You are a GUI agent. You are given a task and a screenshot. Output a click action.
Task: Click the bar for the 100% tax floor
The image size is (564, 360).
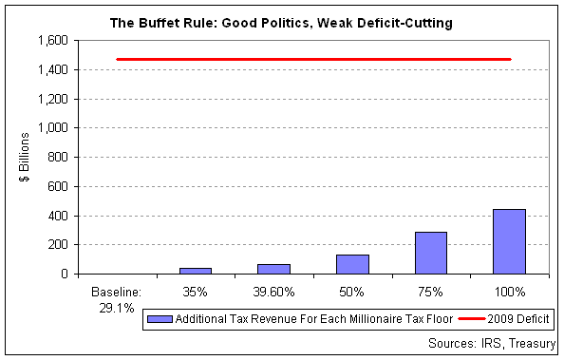click(509, 241)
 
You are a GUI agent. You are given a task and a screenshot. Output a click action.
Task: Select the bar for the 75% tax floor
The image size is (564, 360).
click(431, 253)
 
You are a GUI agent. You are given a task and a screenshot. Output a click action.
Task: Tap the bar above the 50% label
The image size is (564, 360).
click(352, 264)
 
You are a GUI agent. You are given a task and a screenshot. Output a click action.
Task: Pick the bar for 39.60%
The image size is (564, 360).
click(273, 269)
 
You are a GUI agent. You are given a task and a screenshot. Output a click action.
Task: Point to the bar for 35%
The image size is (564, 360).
click(196, 271)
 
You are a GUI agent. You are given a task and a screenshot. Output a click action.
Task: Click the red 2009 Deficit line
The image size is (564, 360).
click(313, 60)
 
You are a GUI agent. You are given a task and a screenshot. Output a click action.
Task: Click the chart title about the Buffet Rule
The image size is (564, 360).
click(281, 23)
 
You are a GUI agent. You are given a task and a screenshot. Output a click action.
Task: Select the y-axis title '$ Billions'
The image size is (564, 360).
click(25, 157)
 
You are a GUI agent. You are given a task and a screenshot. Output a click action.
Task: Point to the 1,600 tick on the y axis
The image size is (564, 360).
click(53, 40)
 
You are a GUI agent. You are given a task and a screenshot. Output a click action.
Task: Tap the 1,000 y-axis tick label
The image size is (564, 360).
click(53, 128)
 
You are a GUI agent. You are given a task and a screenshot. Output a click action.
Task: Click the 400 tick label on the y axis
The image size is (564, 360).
click(58, 216)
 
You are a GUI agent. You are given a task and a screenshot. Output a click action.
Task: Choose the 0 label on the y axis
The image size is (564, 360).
click(65, 275)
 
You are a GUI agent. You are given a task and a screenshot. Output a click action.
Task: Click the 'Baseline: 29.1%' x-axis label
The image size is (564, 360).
click(117, 300)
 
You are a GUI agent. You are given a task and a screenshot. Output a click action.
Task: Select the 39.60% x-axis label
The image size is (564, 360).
click(273, 292)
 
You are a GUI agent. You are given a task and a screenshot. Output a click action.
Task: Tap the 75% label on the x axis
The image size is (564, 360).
click(430, 292)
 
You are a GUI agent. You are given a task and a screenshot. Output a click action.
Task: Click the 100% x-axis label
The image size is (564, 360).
click(510, 292)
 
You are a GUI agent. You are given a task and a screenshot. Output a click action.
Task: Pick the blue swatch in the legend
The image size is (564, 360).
click(160, 319)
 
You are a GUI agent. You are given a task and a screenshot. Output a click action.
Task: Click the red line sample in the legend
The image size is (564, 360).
click(471, 319)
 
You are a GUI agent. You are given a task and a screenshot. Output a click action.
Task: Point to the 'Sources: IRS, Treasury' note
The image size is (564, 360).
click(492, 344)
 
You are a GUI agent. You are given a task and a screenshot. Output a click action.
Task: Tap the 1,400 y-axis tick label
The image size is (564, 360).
click(53, 69)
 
